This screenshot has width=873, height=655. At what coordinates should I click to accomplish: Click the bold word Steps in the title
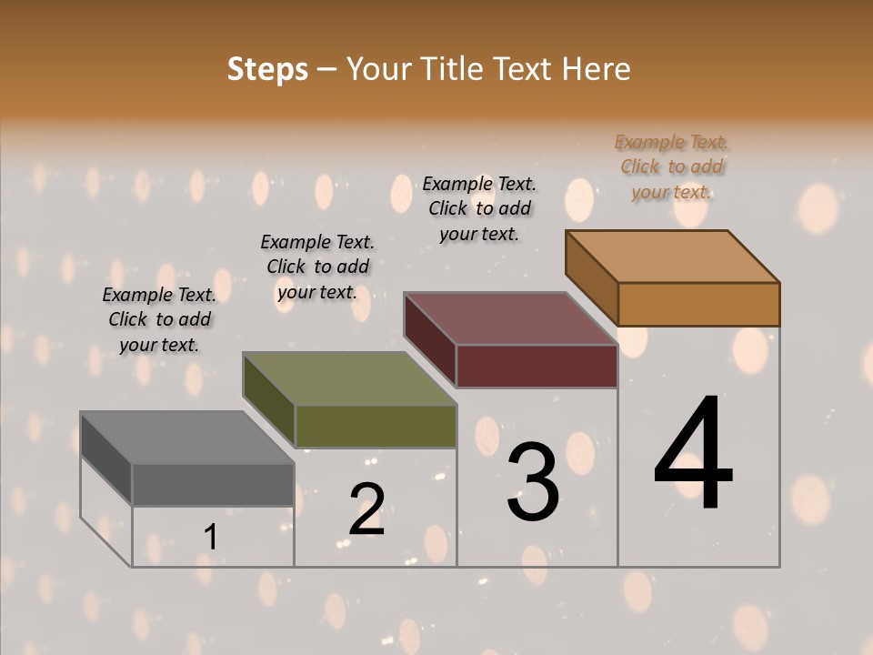click(x=267, y=69)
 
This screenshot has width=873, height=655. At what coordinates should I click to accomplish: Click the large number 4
click(x=693, y=454)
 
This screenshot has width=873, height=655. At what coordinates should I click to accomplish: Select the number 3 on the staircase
click(x=533, y=481)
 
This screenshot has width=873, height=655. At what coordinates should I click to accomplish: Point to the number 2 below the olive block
click(x=366, y=509)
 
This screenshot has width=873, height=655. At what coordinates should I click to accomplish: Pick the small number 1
click(x=210, y=538)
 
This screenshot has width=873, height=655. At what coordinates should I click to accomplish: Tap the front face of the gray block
click(x=213, y=485)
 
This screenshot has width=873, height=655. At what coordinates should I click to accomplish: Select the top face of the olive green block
click(x=349, y=378)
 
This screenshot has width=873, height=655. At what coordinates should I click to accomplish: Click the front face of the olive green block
click(x=376, y=427)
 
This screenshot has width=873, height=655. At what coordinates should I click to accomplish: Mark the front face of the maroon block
click(x=537, y=367)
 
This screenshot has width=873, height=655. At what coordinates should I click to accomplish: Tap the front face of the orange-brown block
click(x=698, y=304)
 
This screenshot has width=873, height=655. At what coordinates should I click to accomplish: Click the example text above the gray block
click(x=159, y=319)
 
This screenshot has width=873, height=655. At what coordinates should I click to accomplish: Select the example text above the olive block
click(x=317, y=267)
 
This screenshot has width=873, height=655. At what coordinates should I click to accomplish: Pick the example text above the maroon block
click(x=479, y=208)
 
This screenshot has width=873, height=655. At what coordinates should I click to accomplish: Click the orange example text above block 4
click(x=672, y=166)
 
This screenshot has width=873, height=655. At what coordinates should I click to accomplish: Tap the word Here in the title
click(x=596, y=69)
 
